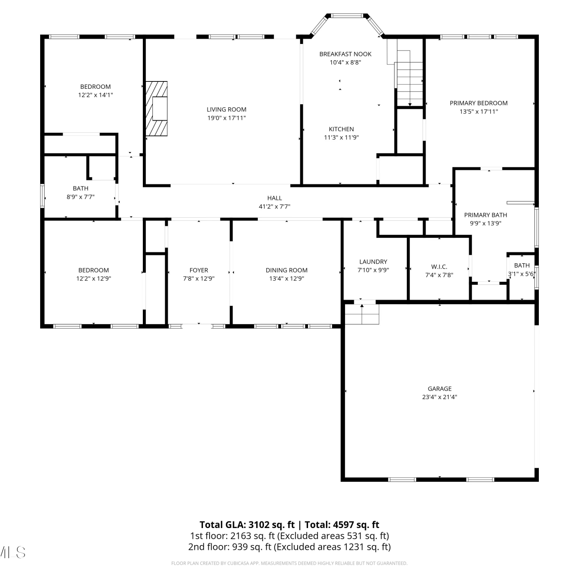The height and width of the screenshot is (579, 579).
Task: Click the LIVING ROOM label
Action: coord(226,110)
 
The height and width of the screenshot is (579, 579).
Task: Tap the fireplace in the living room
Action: coord(157,108)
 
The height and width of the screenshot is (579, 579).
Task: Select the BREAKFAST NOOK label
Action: coord(345,54)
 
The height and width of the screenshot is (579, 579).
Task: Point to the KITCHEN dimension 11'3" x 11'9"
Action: coord(341,137)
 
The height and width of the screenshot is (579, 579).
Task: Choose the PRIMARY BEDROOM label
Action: coord(479,103)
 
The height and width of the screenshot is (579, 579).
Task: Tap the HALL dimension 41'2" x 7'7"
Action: coord(274,207)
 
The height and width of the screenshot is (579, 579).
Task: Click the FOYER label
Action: coord(199,270)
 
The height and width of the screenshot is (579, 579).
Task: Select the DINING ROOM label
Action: coord(286,270)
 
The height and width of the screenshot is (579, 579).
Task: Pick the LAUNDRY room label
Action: coord(373,262)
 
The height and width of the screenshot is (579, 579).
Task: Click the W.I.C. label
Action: coord(439,267)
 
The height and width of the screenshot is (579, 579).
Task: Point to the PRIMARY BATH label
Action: coord(486,215)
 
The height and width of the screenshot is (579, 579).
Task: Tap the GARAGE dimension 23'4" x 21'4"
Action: coord(440,397)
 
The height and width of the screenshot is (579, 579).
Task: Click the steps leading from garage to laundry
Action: coord(362,314)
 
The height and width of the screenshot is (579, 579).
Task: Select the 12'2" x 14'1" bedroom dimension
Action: coord(95,95)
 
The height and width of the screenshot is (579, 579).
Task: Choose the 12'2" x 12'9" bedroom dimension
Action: coord(93,278)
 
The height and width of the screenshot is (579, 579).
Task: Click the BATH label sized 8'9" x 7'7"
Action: coord(80,188)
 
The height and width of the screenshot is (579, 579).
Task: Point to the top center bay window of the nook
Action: coord(347,16)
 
